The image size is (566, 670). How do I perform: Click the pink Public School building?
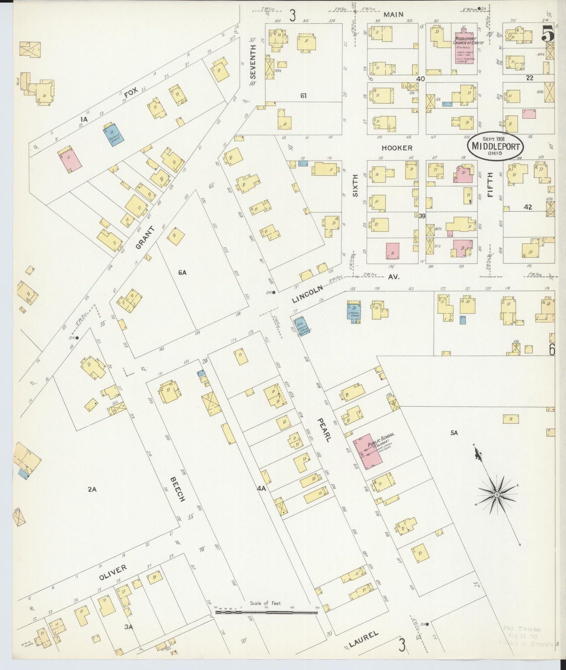click(369, 451)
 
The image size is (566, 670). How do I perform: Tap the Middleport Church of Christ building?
click(465, 47)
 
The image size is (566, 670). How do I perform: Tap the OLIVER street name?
click(113, 573)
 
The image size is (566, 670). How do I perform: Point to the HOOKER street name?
click(397, 148)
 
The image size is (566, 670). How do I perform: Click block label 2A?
click(92, 489)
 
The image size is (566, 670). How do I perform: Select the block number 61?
click(303, 95)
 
